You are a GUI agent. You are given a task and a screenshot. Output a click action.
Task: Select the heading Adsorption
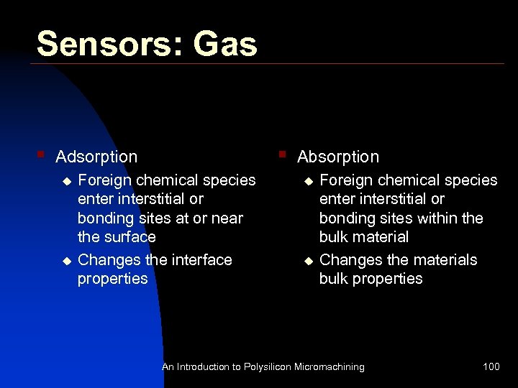point(96,157)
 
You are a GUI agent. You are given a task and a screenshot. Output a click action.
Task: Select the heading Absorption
point(338,157)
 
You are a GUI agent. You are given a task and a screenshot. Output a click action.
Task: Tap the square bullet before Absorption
point(283,153)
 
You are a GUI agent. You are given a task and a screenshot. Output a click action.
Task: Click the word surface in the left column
point(130,237)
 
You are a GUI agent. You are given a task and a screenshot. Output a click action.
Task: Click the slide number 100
point(491,367)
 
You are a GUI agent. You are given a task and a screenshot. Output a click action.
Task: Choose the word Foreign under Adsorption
point(104,180)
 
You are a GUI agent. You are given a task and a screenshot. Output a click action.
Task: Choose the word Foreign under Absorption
point(346,180)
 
